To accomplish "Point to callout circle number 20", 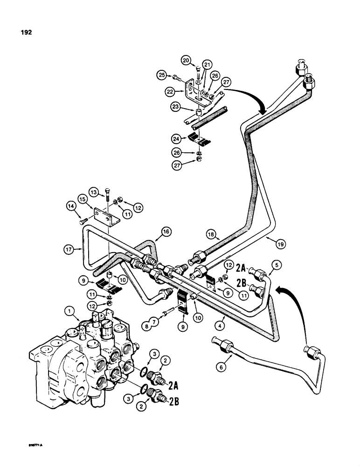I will pos(186,60).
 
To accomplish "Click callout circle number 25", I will pos(161,75).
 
